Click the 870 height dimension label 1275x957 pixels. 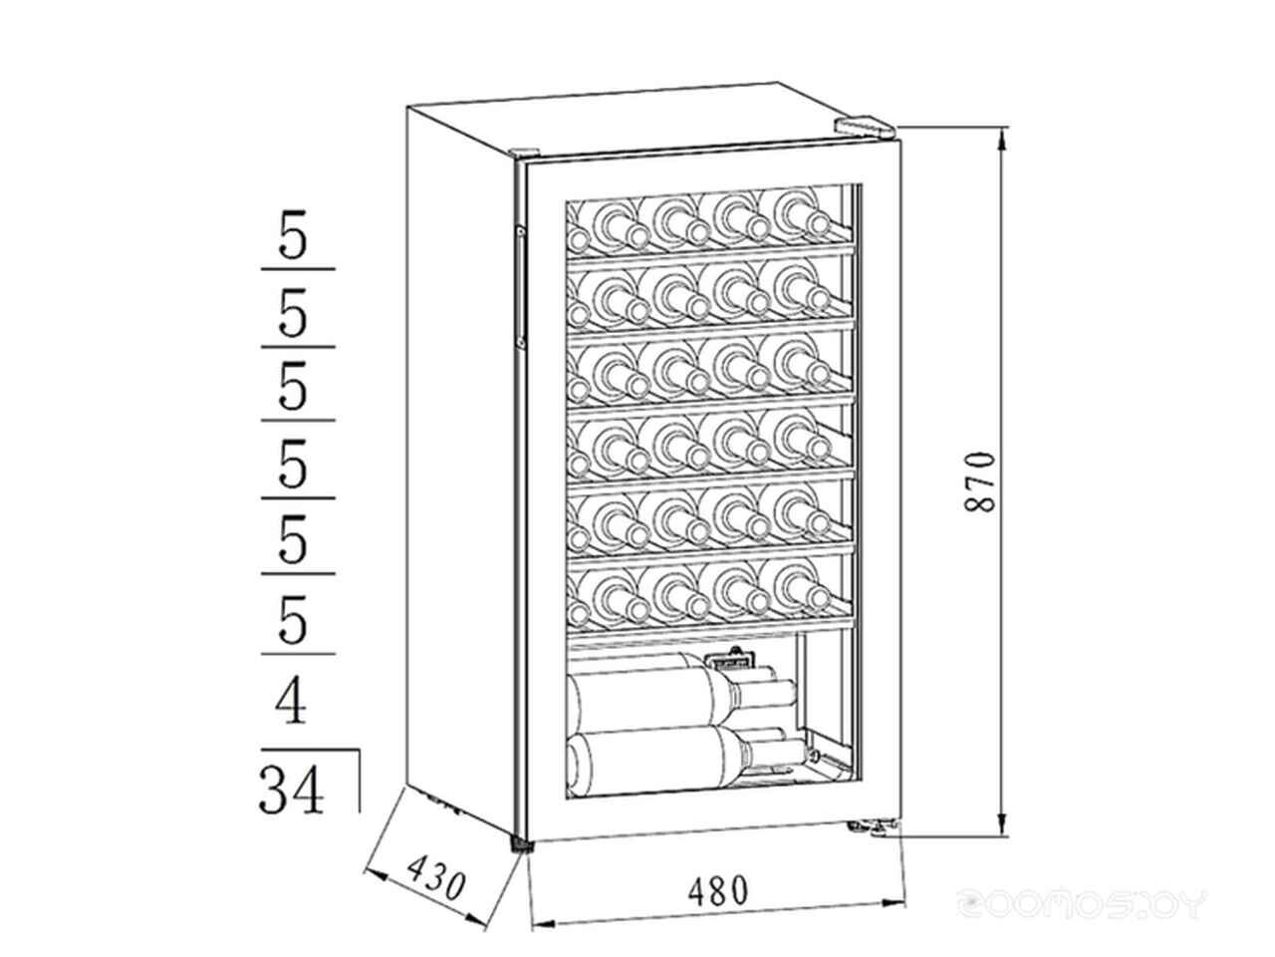point(981,481)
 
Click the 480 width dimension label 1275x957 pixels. point(714,889)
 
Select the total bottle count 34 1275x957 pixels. point(292,789)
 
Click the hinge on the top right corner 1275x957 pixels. point(864,127)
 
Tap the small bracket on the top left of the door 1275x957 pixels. point(522,152)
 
